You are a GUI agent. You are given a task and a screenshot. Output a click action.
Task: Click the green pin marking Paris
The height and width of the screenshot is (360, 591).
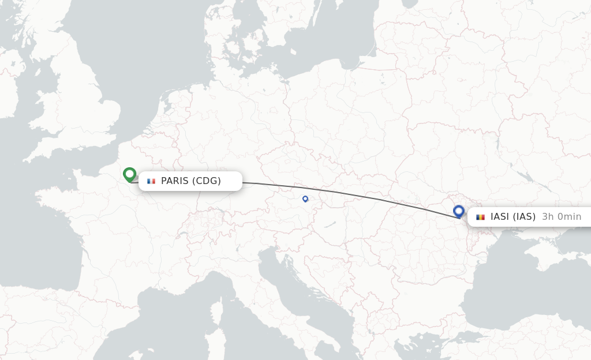click(x=129, y=174)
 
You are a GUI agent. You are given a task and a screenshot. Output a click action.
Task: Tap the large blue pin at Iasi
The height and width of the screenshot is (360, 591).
click(x=459, y=211)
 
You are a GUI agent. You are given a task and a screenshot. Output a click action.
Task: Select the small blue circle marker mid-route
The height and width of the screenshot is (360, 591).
click(x=305, y=198)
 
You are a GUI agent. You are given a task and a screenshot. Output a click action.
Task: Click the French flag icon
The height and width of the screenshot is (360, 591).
click(x=151, y=181)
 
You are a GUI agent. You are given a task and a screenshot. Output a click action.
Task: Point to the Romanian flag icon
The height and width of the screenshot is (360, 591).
click(x=480, y=217)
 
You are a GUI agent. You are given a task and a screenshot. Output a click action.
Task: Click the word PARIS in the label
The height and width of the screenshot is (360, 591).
click(x=175, y=181)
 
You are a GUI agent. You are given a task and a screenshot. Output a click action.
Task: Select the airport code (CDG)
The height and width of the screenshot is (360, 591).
click(x=207, y=181)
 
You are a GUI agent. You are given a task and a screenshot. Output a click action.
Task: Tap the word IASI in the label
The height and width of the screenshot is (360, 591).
click(x=500, y=217)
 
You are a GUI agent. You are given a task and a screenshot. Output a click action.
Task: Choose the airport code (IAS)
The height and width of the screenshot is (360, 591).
click(x=524, y=217)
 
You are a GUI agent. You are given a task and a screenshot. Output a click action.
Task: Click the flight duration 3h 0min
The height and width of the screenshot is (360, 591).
click(x=562, y=217)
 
